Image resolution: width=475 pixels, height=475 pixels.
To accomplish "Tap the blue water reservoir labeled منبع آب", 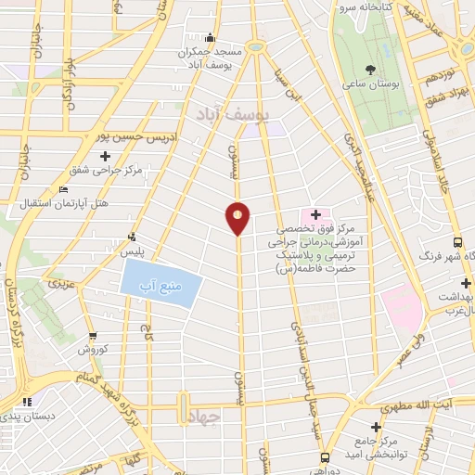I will [x=160, y=284].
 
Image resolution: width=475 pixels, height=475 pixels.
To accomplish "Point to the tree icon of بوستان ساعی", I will [x=371, y=70].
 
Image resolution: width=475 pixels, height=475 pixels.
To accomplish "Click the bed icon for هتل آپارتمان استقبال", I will [x=63, y=189].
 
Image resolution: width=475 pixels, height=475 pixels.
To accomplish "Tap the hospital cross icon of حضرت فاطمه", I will [x=315, y=214].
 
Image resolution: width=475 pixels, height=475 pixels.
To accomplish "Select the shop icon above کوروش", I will [x=93, y=336].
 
